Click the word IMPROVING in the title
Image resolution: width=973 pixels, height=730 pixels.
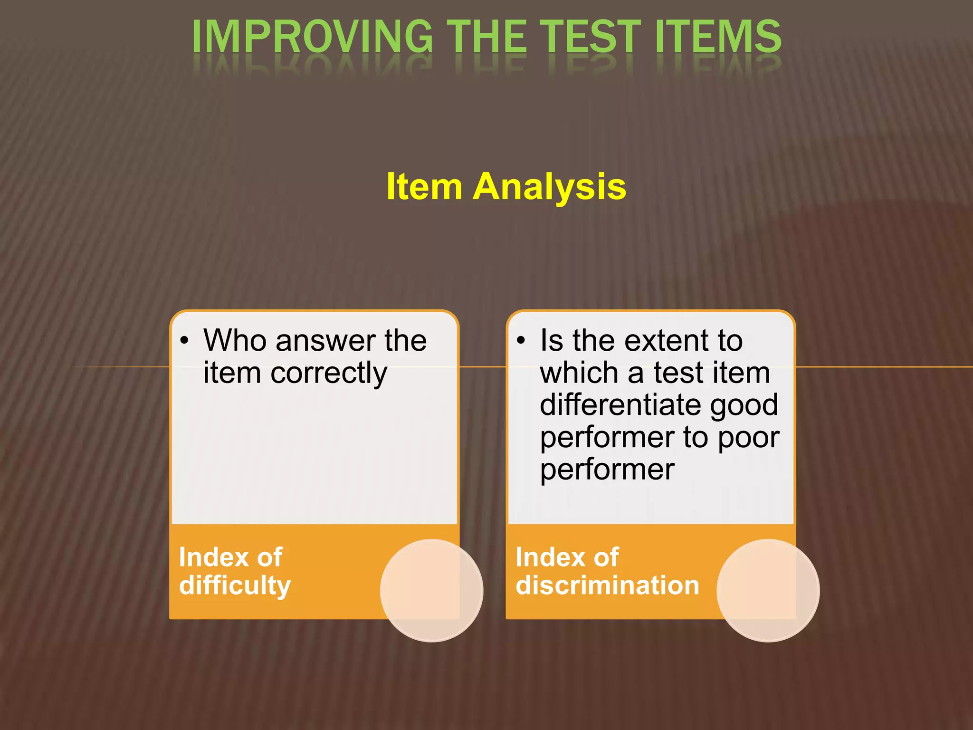coord(312,37)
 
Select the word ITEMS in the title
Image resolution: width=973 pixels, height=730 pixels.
coord(718,37)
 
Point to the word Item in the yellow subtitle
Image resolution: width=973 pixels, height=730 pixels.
coord(424,187)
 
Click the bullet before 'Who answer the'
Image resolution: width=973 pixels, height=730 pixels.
coord(184,341)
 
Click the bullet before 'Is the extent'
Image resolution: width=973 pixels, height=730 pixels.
coord(521,341)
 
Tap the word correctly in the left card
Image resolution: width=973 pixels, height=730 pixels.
coord(328,373)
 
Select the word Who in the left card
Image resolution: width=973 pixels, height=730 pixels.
coord(234,341)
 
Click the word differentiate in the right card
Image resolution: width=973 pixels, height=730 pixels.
coord(620,405)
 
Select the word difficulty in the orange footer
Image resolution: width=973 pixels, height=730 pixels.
coord(235,586)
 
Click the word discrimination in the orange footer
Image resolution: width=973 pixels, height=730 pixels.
coord(607,586)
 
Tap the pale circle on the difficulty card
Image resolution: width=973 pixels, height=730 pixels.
coord(431,590)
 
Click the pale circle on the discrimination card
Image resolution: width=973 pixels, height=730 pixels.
coord(768,590)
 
